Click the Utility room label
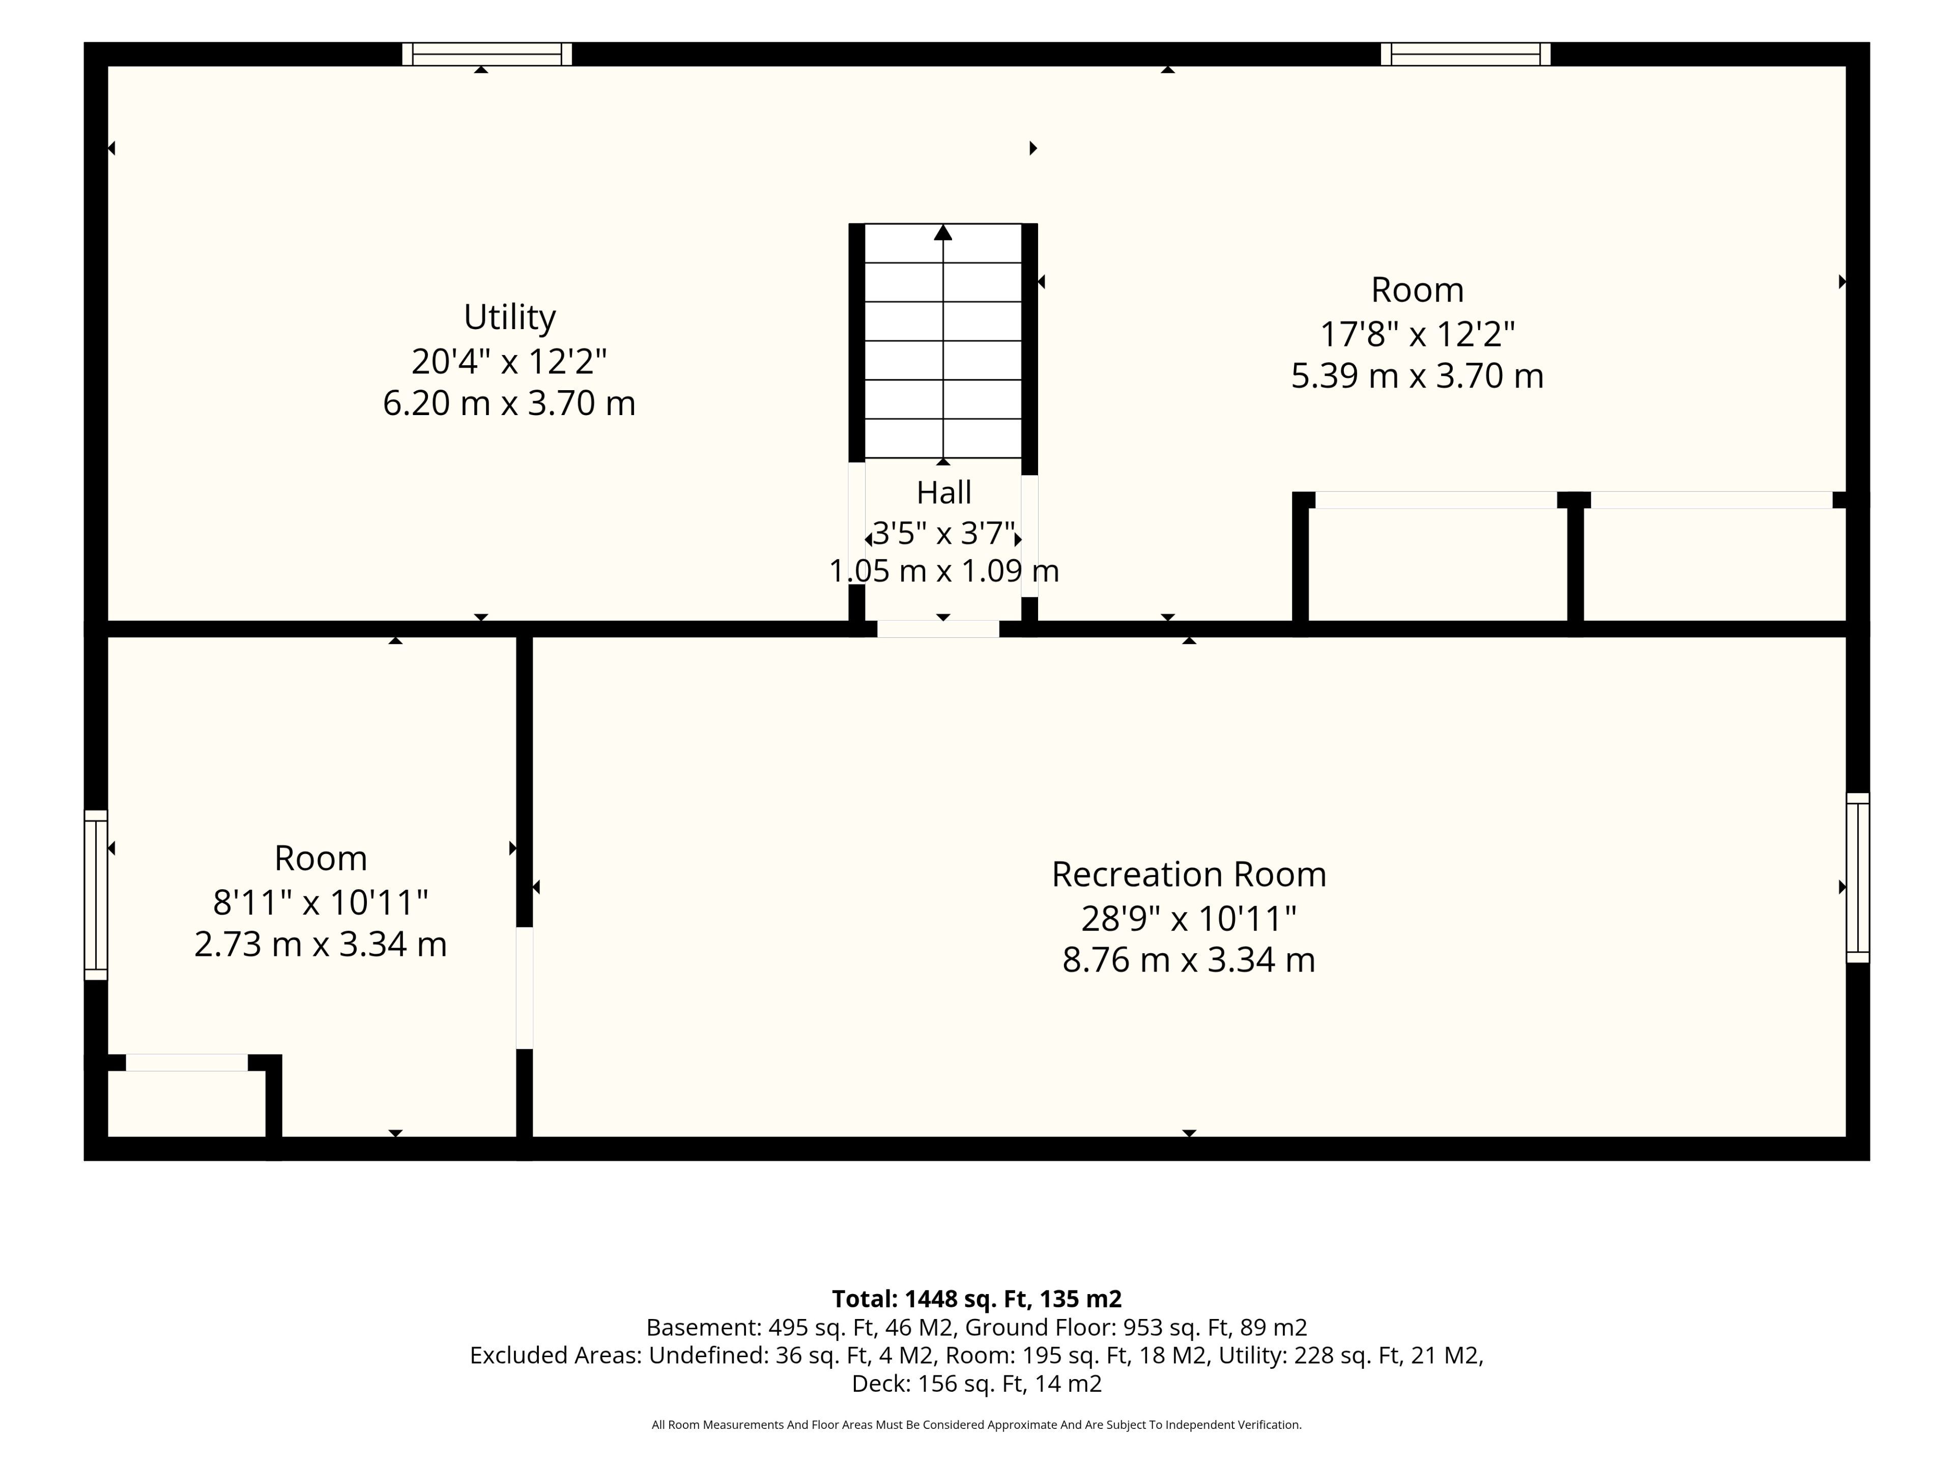pyautogui.click(x=510, y=317)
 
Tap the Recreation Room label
pyautogui.click(x=1189, y=874)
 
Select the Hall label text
pyautogui.click(x=943, y=492)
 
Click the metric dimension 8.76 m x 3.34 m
pyautogui.click(x=1189, y=959)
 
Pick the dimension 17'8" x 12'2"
pyautogui.click(x=1418, y=334)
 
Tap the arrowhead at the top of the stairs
pyautogui.click(x=943, y=232)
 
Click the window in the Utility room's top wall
pyautogui.click(x=487, y=54)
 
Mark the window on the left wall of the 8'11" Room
pyautogui.click(x=95, y=895)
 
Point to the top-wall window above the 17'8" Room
pyautogui.click(x=1466, y=54)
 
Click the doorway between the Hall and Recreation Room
pyautogui.click(x=938, y=629)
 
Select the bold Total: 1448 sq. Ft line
pyautogui.click(x=977, y=1299)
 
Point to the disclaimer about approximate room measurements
pyautogui.click(x=977, y=1424)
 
